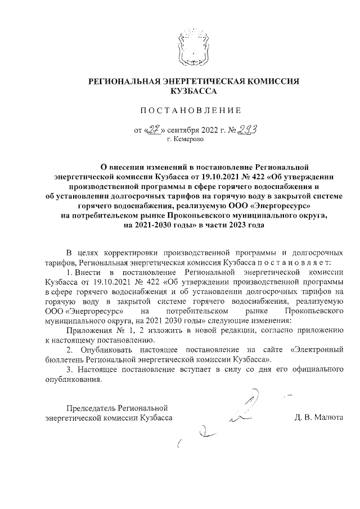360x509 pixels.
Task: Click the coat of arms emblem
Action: tap(188, 48)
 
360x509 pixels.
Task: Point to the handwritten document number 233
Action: tap(243, 129)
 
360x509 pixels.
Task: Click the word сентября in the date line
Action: tap(183, 131)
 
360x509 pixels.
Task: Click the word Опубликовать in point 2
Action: tap(104, 349)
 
